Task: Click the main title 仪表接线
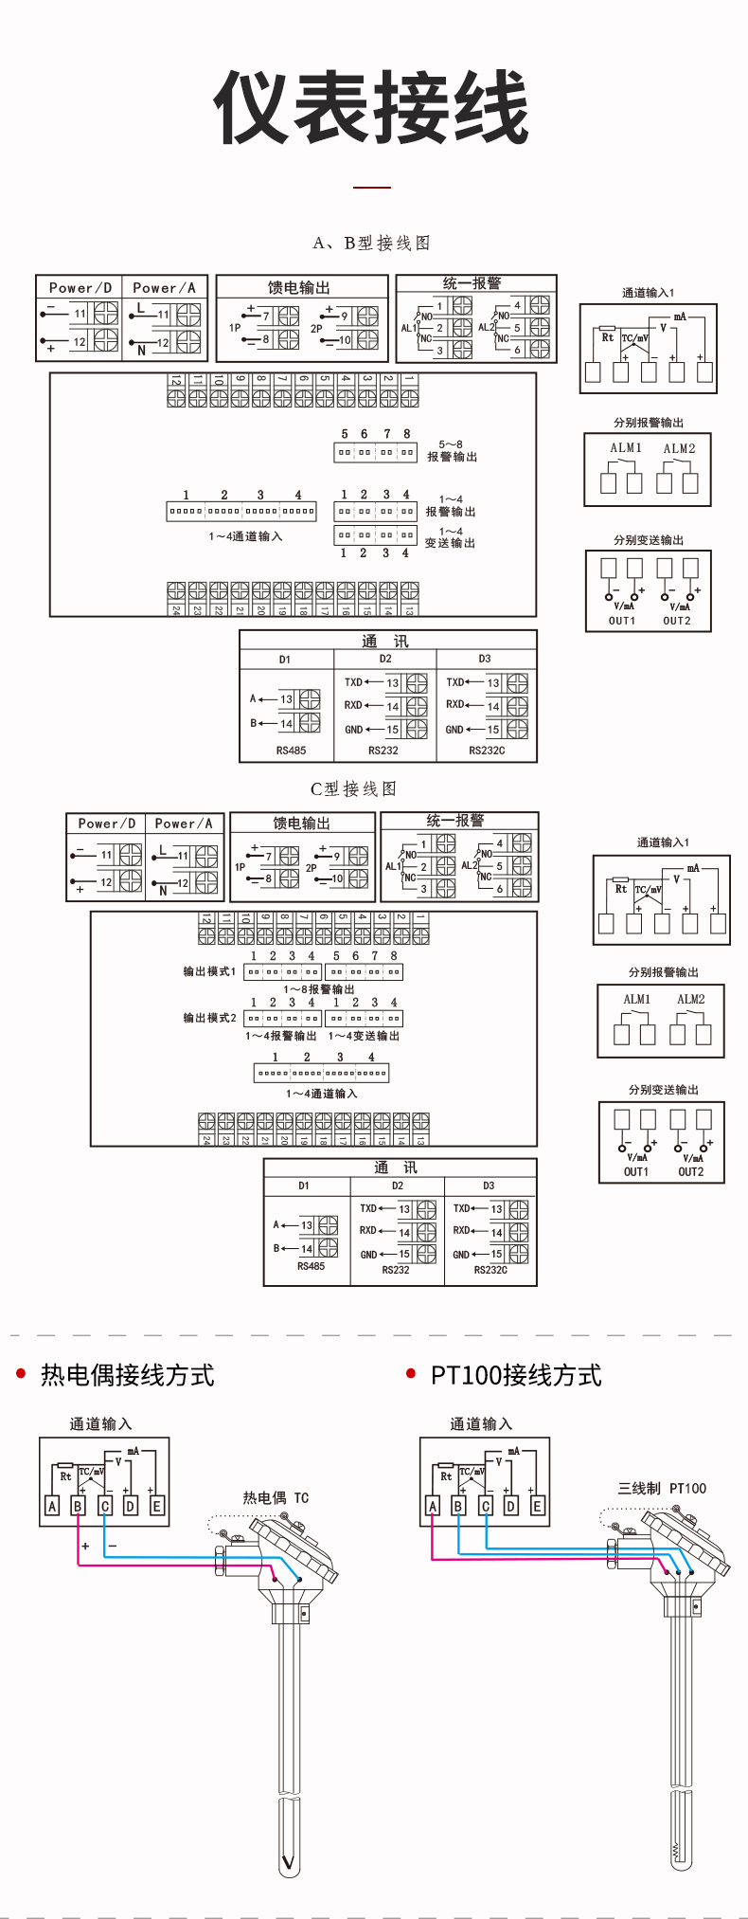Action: [x=371, y=107]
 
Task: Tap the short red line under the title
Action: [x=372, y=188]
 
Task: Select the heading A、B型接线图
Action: [x=371, y=244]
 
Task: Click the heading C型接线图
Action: [x=353, y=788]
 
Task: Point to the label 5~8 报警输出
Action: [x=452, y=450]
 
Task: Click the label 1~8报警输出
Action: [x=319, y=988]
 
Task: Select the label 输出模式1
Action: [x=209, y=971]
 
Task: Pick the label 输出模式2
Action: [x=209, y=1018]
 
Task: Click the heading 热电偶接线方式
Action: [x=128, y=1375]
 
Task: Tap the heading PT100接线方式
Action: [x=516, y=1375]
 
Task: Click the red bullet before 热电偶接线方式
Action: [x=21, y=1373]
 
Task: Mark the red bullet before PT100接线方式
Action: [x=411, y=1373]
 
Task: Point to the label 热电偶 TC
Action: [x=276, y=1498]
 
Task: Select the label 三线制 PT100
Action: [x=662, y=1489]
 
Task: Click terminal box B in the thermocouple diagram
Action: [x=79, y=1506]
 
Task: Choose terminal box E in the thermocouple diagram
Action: [x=157, y=1506]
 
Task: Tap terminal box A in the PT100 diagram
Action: [x=433, y=1506]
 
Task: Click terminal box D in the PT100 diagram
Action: [x=511, y=1506]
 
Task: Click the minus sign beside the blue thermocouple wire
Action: [x=113, y=1546]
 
